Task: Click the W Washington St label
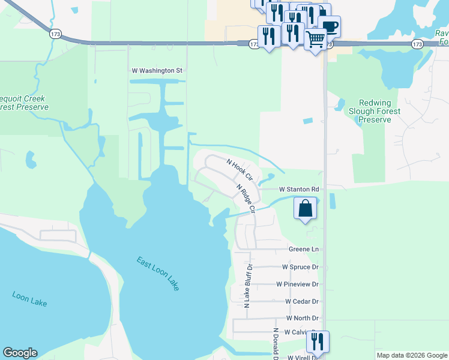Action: click(x=157, y=70)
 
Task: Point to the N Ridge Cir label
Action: click(x=246, y=199)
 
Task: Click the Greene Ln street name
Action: click(x=303, y=249)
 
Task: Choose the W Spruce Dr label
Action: click(x=300, y=266)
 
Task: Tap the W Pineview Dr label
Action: click(x=297, y=284)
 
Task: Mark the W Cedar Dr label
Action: click(x=301, y=301)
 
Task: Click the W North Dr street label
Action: click(x=302, y=318)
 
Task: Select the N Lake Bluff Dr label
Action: click(x=247, y=286)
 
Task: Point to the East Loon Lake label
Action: click(x=157, y=274)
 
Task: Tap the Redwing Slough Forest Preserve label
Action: click(x=375, y=112)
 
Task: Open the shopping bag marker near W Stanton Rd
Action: click(x=306, y=209)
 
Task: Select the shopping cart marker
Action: click(x=316, y=40)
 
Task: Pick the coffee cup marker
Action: click(x=329, y=26)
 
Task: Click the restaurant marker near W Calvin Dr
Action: click(x=318, y=341)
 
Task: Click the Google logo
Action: click(x=20, y=353)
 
